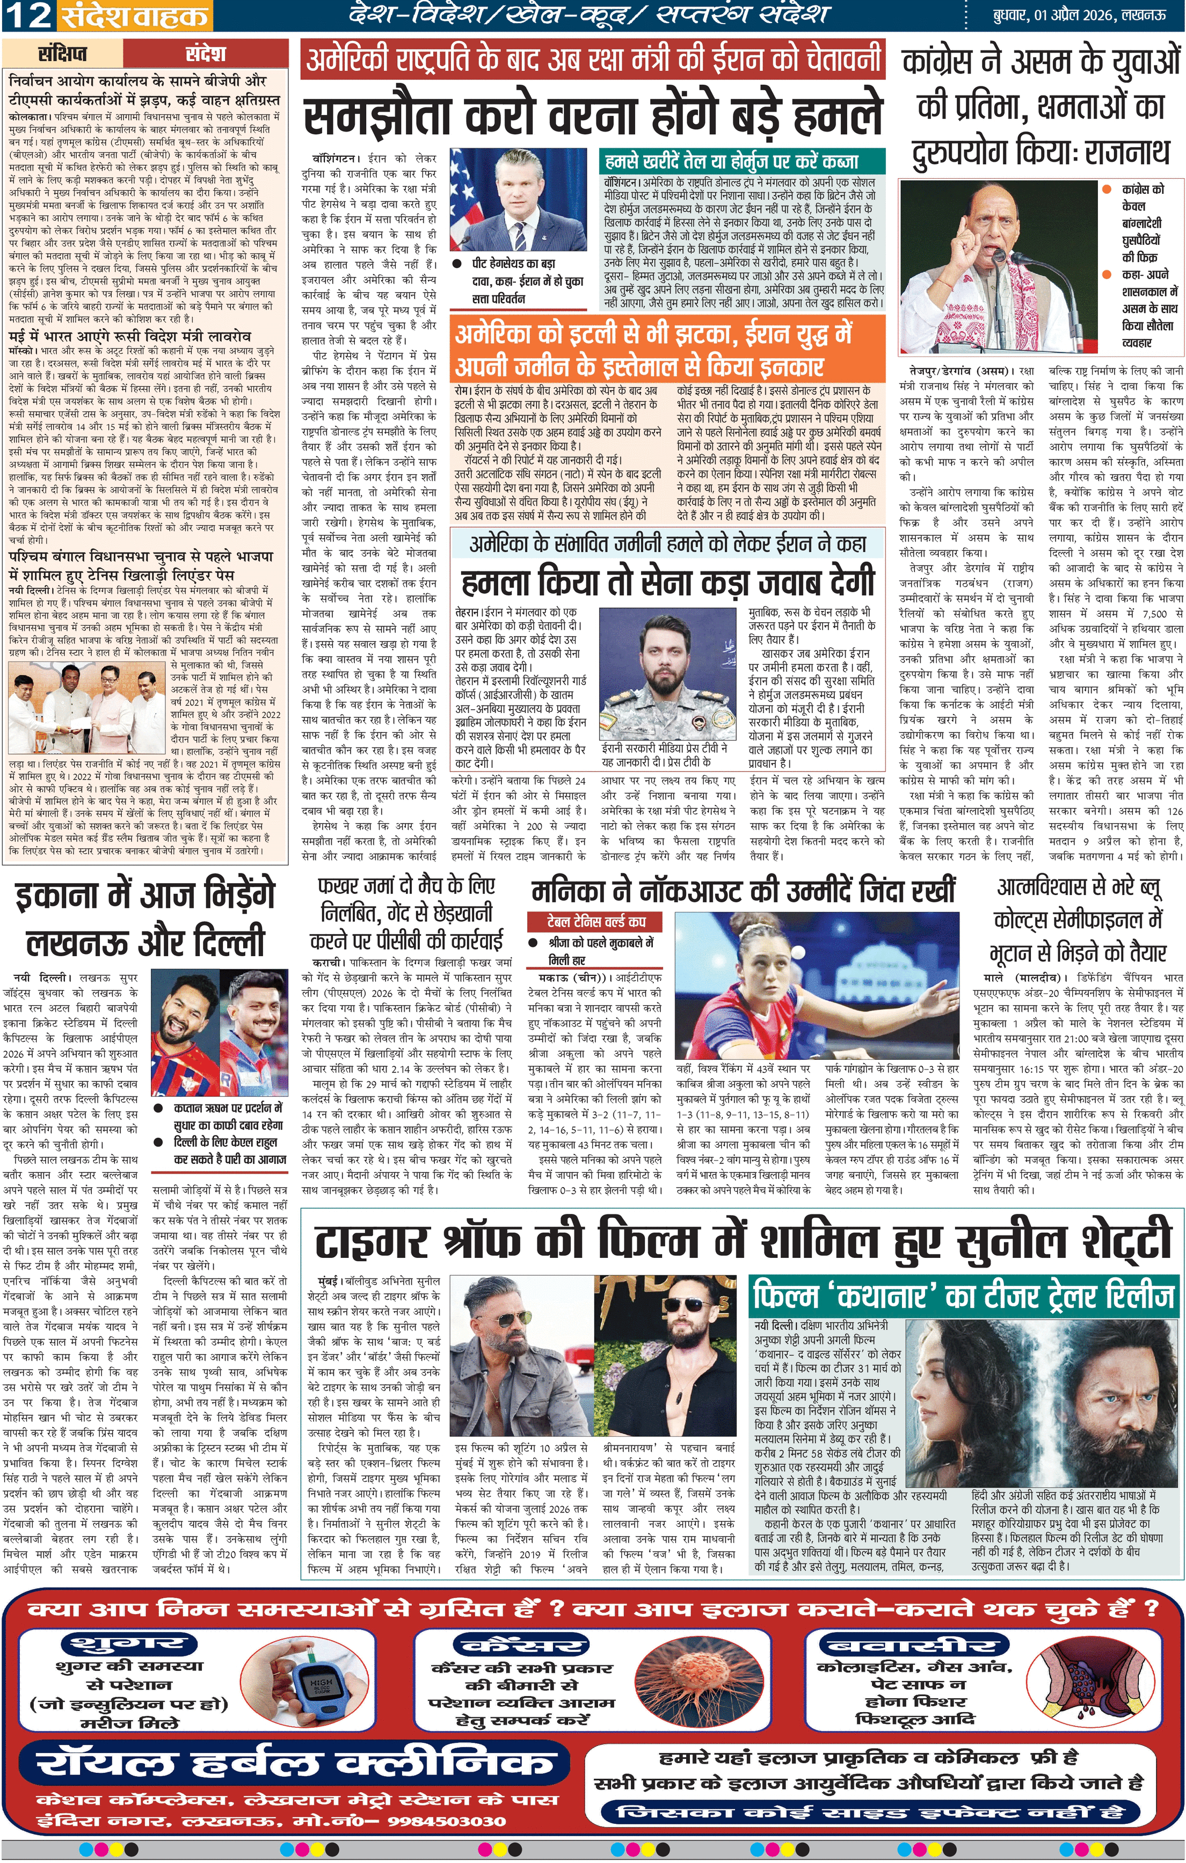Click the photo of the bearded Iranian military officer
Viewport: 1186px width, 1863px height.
click(x=672, y=669)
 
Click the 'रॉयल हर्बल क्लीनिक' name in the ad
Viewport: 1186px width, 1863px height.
click(x=294, y=1763)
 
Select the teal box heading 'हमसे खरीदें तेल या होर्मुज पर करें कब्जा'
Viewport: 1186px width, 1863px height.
click(x=732, y=162)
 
